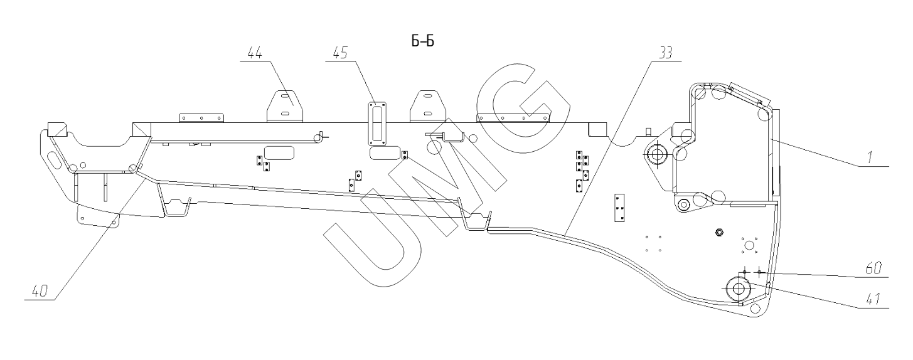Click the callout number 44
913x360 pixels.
point(256,54)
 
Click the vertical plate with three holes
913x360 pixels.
point(619,208)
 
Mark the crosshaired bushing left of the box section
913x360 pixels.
point(657,154)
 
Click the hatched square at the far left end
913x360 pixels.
point(55,130)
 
